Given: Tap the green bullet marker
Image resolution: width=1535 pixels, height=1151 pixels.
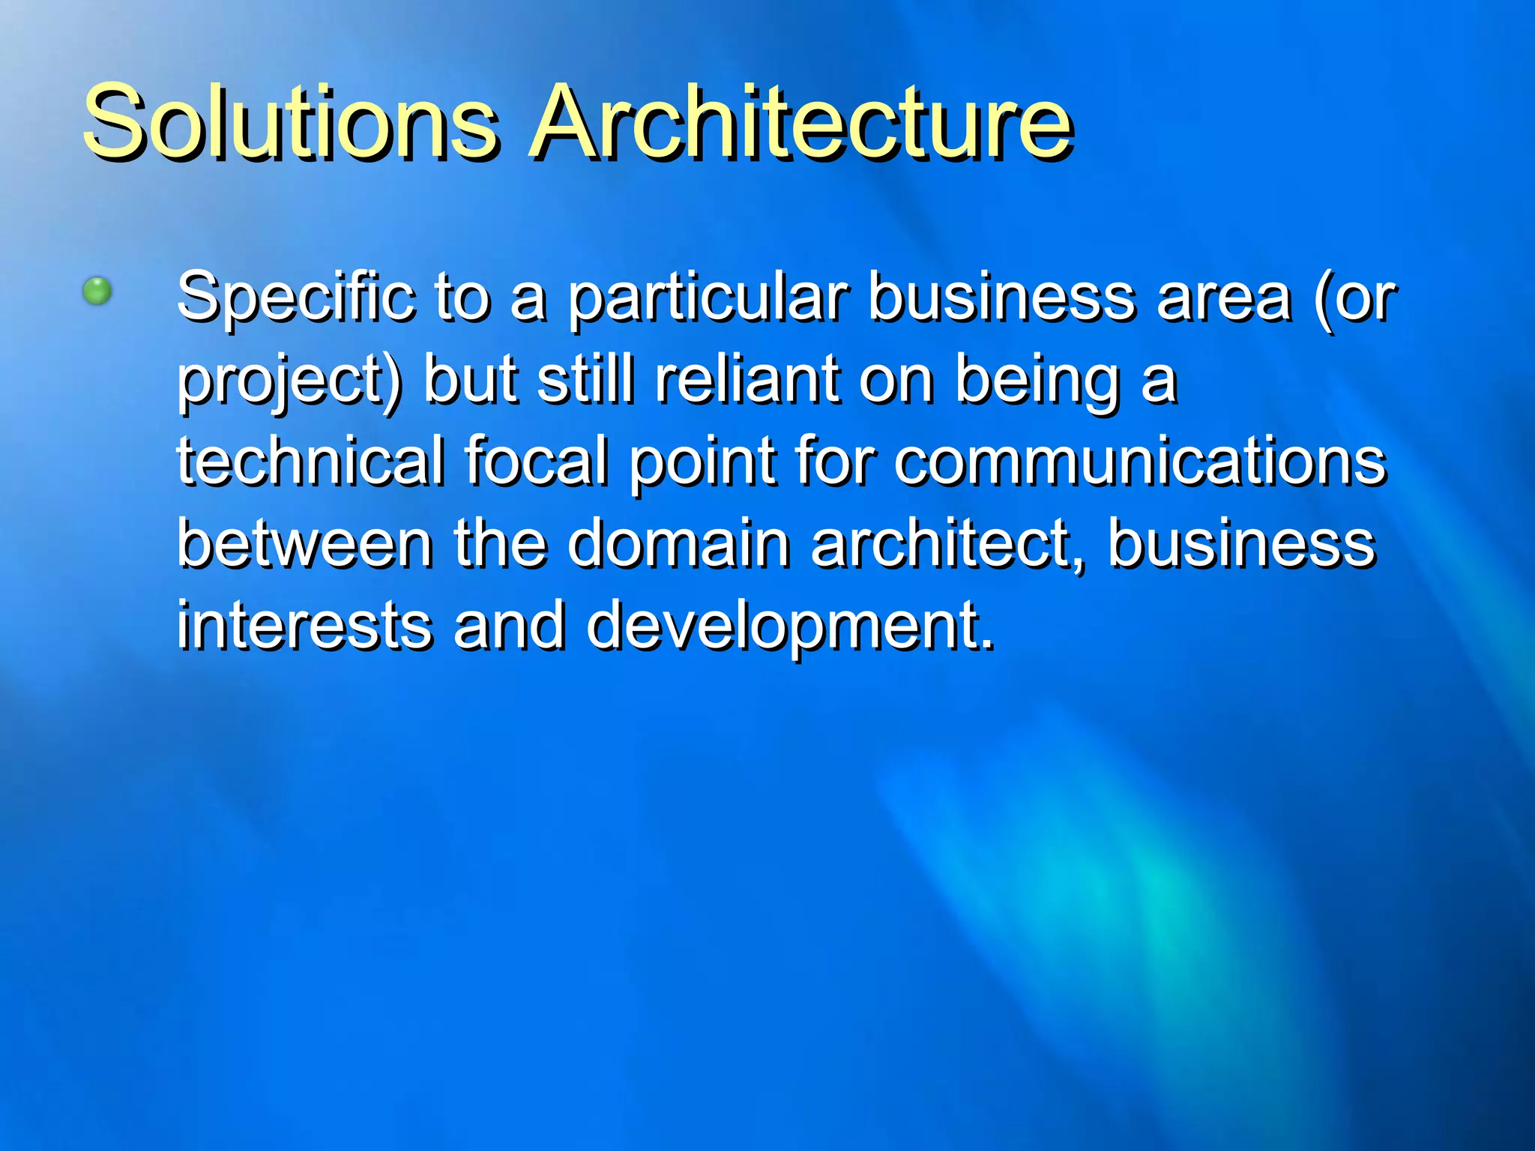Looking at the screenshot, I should [x=97, y=291].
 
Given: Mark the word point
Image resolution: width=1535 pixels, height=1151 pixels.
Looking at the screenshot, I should [x=702, y=462].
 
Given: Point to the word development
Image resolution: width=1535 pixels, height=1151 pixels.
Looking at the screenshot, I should [x=790, y=626].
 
